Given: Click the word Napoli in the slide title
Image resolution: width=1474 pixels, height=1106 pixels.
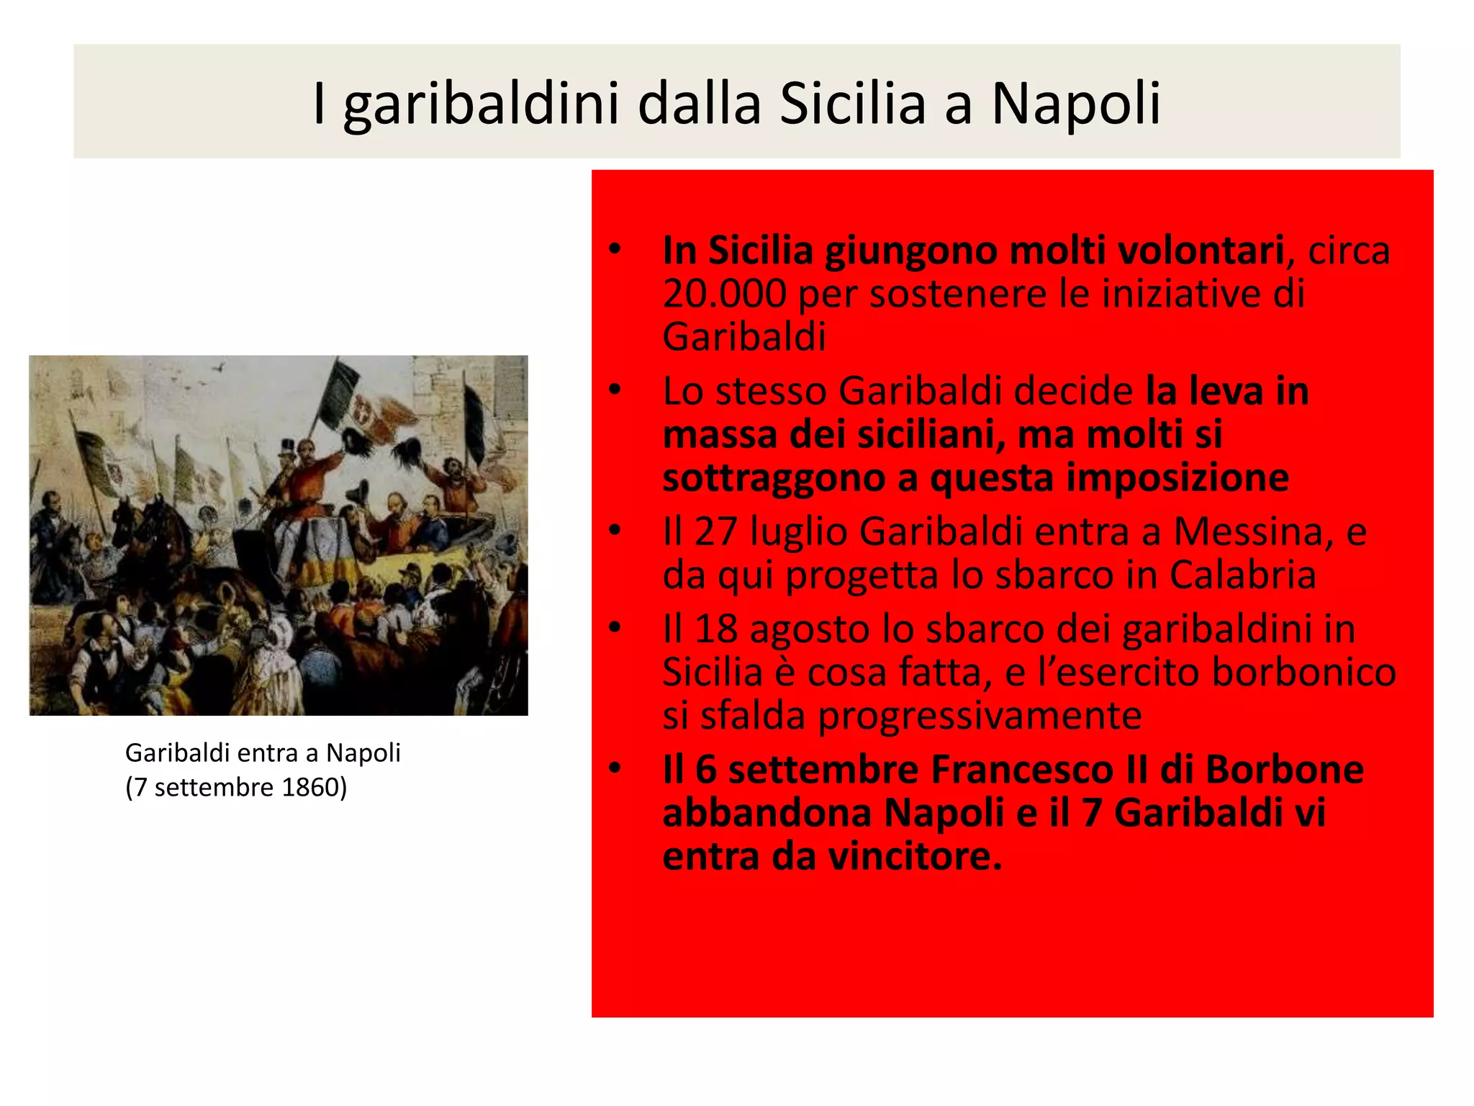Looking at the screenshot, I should coord(1076,104).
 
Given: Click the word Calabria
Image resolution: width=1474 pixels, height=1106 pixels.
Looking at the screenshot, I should coord(1242,575).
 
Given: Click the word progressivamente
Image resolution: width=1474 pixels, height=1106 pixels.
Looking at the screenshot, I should coord(980,715).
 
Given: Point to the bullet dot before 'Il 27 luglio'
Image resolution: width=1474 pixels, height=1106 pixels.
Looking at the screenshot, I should coord(614,531).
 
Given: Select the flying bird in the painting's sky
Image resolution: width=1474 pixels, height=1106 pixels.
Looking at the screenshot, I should coord(220,367).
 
